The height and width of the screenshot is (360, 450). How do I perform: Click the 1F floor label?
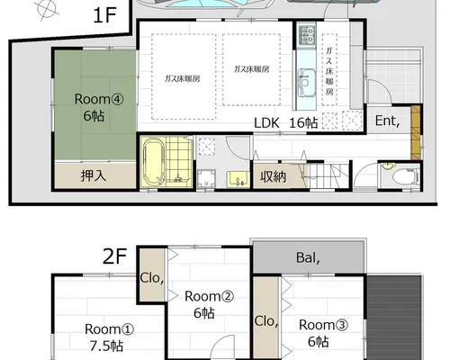click(x=104, y=15)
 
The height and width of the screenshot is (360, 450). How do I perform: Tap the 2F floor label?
click(x=114, y=256)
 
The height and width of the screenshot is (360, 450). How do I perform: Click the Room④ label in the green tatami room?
click(x=99, y=99)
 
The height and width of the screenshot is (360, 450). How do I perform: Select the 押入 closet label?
click(x=94, y=175)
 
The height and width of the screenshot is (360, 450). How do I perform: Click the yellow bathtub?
click(x=154, y=162)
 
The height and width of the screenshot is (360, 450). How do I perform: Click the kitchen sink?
click(x=307, y=83)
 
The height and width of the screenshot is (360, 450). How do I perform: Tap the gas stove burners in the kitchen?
click(x=307, y=35)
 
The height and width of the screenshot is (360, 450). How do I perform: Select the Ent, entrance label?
click(x=387, y=121)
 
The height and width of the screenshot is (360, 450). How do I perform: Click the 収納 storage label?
click(x=273, y=176)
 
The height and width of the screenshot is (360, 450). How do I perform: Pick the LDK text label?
click(x=266, y=123)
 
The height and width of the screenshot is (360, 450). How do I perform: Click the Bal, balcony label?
click(x=308, y=257)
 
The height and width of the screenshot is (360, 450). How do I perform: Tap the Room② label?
click(x=209, y=296)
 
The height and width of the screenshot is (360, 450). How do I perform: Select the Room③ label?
click(x=323, y=325)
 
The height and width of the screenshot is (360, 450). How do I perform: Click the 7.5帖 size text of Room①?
click(x=106, y=346)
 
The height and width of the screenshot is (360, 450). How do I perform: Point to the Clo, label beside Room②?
click(x=152, y=278)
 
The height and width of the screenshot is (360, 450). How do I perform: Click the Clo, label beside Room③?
click(x=266, y=321)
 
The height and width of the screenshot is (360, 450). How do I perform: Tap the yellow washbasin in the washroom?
click(x=238, y=179)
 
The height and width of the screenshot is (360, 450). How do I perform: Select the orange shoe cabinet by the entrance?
click(x=416, y=132)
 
